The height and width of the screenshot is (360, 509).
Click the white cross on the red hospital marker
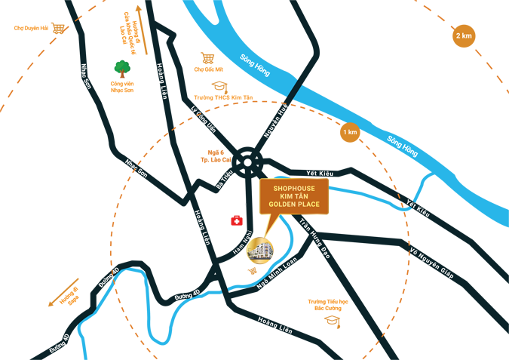237,221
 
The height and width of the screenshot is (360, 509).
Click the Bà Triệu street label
225,180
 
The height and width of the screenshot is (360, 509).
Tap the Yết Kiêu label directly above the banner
318,173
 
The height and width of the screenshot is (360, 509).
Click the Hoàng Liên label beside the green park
161,82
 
